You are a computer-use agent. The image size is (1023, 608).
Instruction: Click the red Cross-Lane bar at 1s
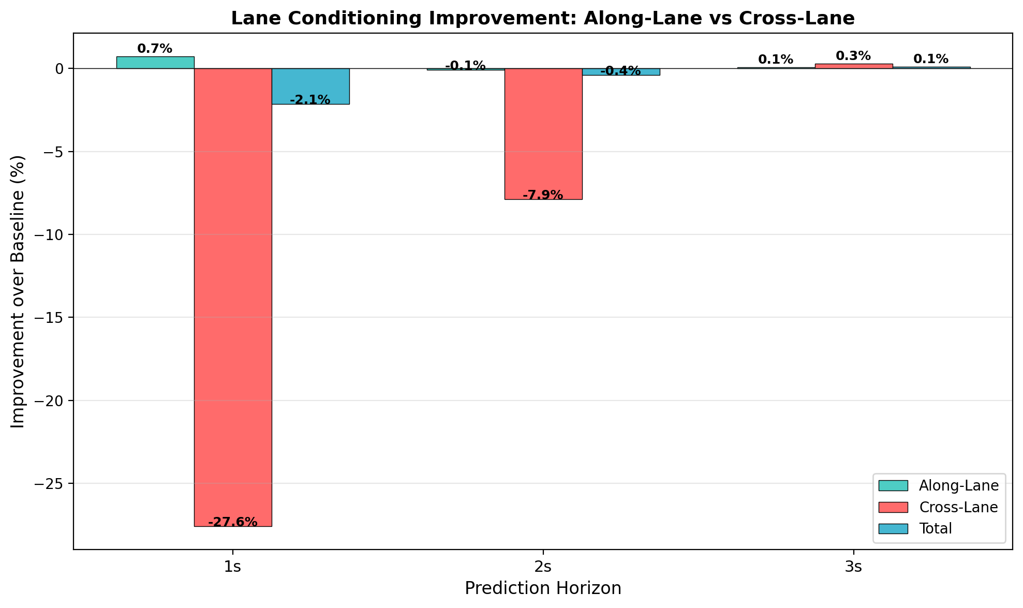tap(233, 297)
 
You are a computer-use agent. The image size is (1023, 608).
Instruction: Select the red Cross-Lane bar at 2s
tap(543, 134)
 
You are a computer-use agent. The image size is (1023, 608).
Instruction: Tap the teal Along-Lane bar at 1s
tap(155, 63)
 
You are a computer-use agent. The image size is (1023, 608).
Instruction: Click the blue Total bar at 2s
tap(621, 72)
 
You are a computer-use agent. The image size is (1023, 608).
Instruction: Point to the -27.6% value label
tap(233, 522)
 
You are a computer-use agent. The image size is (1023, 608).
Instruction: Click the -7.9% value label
tap(543, 195)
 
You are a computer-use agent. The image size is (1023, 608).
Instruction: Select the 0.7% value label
tap(155, 49)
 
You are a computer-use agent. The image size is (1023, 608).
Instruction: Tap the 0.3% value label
tap(853, 56)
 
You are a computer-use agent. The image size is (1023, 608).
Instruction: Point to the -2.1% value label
tap(310, 100)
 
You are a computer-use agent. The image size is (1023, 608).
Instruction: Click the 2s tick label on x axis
tap(543, 568)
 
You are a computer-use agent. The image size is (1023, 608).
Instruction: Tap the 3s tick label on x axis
tap(853, 568)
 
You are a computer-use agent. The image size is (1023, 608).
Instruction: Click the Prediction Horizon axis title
tap(543, 589)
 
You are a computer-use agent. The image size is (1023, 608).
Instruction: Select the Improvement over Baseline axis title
tap(18, 291)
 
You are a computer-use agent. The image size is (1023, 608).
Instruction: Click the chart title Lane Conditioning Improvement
tap(543, 19)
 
